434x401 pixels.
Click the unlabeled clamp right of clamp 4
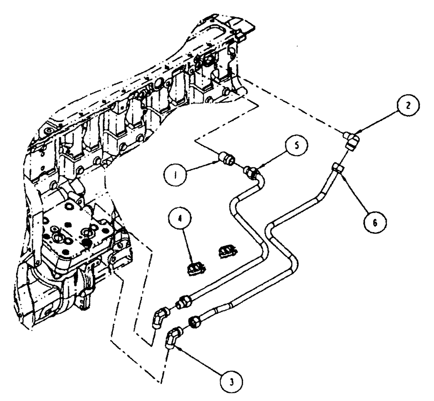point(227,250)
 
